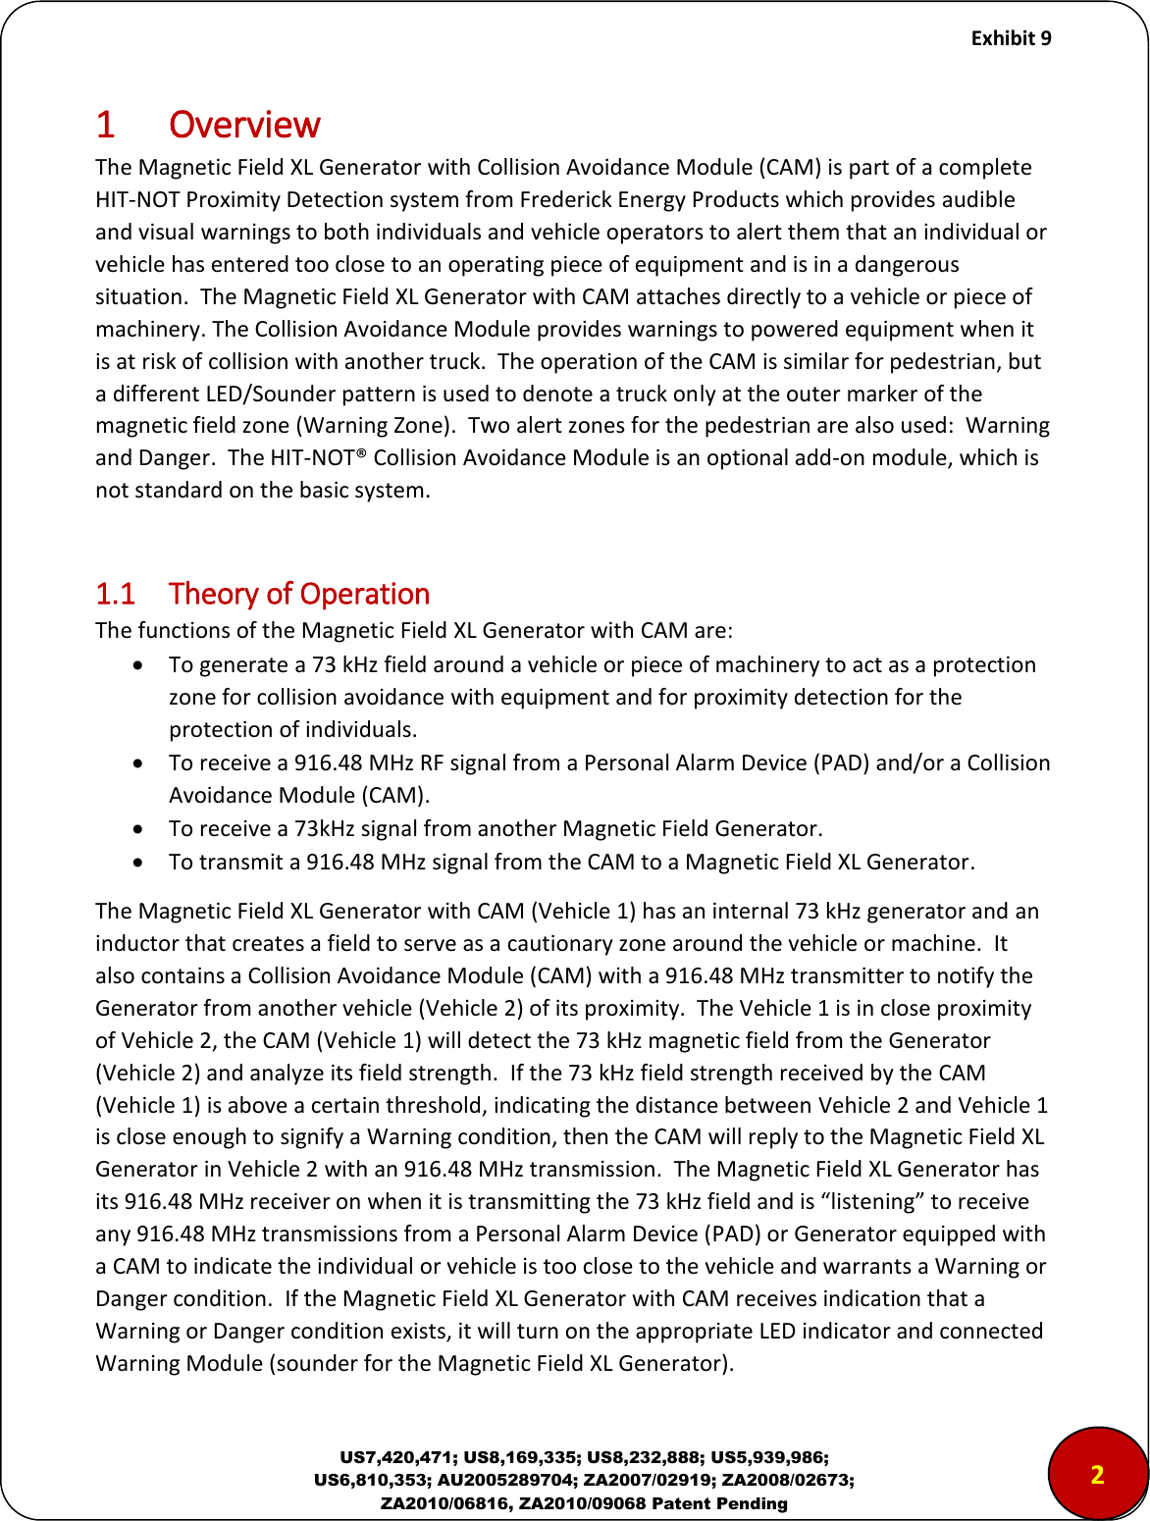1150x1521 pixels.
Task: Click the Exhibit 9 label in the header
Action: click(1011, 38)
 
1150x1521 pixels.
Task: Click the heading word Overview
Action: click(244, 126)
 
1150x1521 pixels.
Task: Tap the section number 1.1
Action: click(115, 595)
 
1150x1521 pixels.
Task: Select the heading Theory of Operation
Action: click(299, 595)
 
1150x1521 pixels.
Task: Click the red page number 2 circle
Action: click(1097, 1474)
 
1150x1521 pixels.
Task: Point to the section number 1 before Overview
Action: click(105, 126)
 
